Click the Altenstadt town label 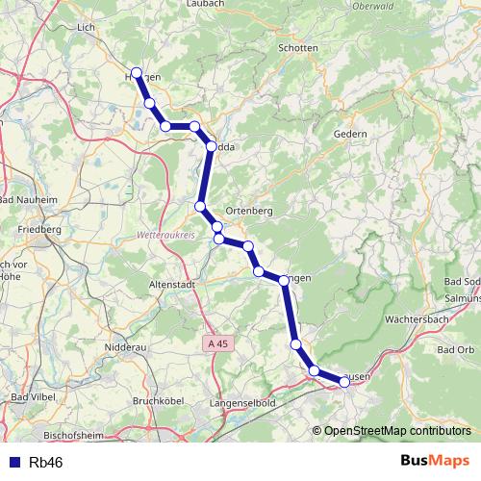(x=146, y=284)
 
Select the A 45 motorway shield (x=219, y=343)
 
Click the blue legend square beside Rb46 (x=12, y=462)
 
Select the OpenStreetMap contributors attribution (x=396, y=431)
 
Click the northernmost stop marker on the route (x=137, y=74)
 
